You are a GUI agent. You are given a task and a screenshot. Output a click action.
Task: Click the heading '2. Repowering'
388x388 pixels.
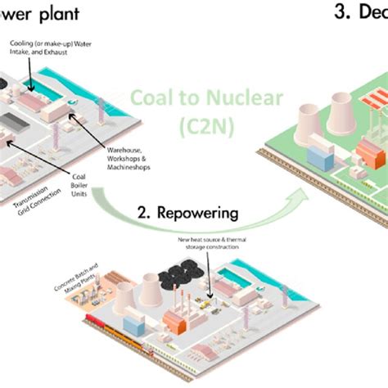coord(187,214)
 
